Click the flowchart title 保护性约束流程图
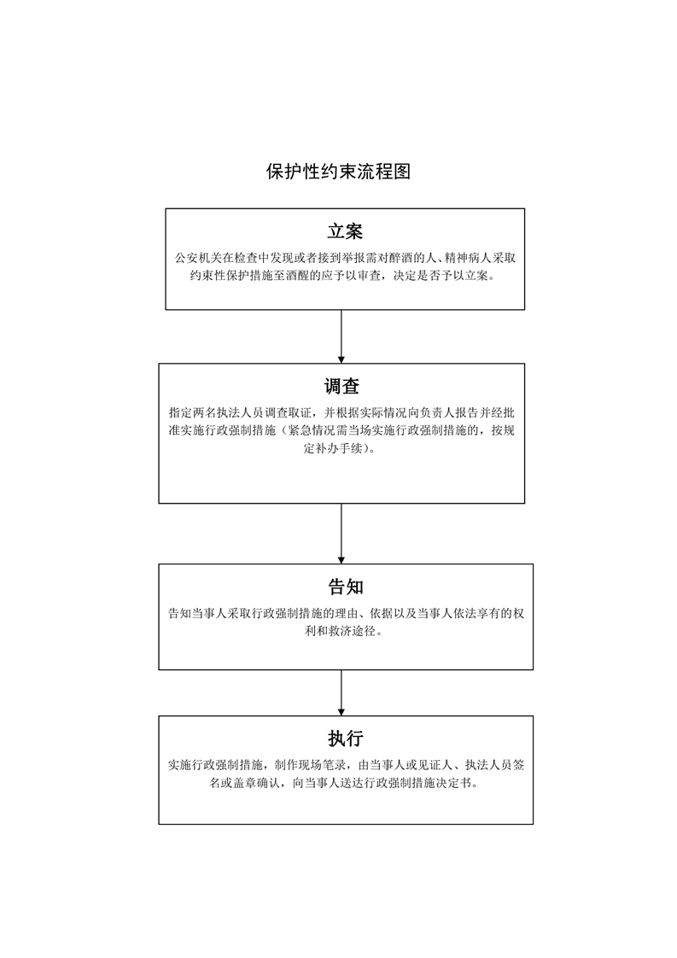(338, 172)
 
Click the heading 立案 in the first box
(345, 231)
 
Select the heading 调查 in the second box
(341, 386)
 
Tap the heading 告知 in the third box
(346, 587)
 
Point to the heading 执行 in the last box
(346, 739)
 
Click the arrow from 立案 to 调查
(341, 336)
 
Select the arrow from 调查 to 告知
(341, 534)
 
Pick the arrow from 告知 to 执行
(341, 692)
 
